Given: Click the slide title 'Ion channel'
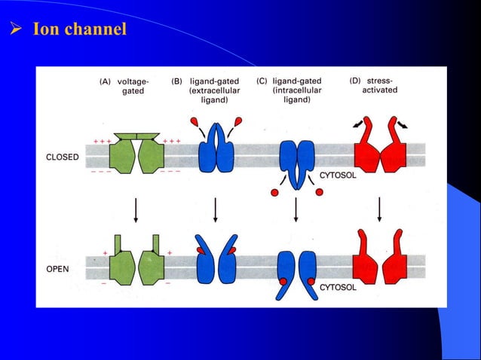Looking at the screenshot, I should coord(79,30).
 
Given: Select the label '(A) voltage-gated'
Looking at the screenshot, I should coord(126,85).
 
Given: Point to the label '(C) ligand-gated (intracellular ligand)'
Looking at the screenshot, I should coord(299,90).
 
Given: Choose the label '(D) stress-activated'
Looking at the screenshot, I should coord(377,85).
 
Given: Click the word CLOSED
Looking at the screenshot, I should coord(63,157).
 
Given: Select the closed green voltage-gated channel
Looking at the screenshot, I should coord(136,154).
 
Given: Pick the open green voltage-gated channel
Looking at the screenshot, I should coord(136,262).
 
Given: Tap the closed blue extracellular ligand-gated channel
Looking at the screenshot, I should coord(216,148).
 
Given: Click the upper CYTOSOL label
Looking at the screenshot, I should coord(344,175).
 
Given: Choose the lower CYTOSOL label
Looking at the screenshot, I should coord(344,287).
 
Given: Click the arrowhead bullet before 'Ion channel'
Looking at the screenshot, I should coord(13,30).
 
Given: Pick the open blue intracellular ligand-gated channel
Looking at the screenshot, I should coord(296,272).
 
